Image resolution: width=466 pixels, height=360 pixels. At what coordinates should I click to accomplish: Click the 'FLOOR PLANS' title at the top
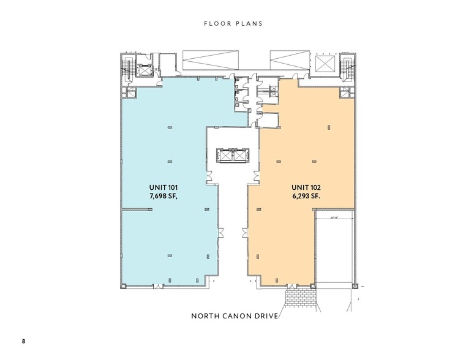pyautogui.click(x=233, y=24)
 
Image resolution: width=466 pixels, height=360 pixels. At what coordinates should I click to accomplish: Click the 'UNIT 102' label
pyautogui.click(x=304, y=188)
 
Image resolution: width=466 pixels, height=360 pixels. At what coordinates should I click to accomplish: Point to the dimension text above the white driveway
pyautogui.click(x=334, y=216)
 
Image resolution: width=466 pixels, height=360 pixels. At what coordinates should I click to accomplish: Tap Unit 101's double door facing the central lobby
pyautogui.click(x=210, y=177)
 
